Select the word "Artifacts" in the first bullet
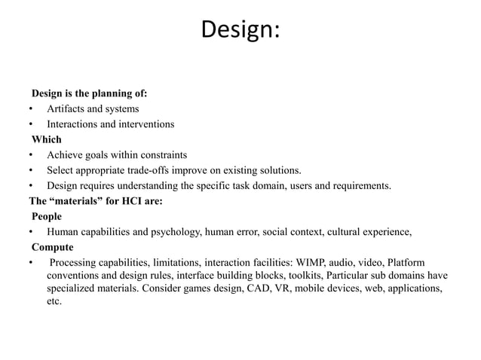click(x=68, y=109)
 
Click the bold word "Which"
click(x=46, y=139)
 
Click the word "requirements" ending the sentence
click(x=359, y=185)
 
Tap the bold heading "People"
click(x=47, y=217)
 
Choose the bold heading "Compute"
click(x=52, y=247)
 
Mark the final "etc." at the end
click(x=54, y=302)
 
